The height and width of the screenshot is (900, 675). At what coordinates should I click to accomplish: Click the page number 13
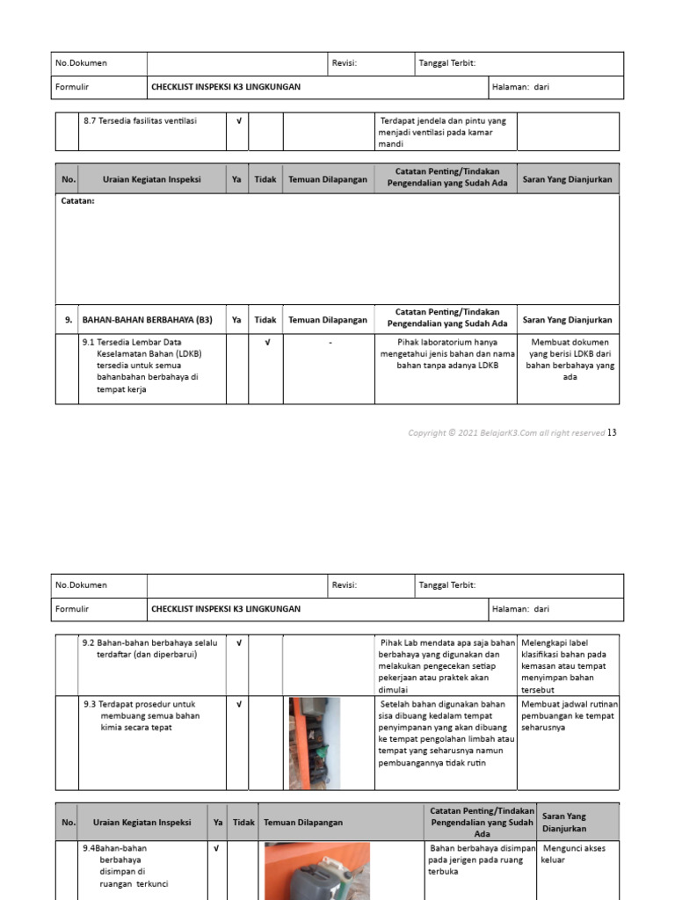point(613,432)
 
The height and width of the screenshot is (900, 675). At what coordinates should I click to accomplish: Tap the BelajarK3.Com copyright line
point(506,433)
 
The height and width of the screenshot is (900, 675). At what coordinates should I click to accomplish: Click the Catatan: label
point(77,201)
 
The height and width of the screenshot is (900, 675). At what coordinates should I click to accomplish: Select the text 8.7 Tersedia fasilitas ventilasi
point(141,121)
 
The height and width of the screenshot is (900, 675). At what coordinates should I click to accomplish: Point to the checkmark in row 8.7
point(238,121)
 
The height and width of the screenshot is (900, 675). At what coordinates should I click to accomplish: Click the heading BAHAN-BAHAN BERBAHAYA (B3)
point(147,320)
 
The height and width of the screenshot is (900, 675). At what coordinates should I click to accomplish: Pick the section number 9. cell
point(68,320)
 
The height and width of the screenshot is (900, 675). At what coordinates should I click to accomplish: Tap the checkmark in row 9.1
point(266,342)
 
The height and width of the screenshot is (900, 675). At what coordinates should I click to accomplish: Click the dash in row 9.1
point(330,342)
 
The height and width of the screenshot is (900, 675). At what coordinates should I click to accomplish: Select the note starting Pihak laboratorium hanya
point(447,353)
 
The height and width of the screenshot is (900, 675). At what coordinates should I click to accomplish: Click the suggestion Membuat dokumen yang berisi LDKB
point(570,359)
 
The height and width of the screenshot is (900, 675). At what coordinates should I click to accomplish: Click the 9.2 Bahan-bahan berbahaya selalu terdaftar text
point(150,649)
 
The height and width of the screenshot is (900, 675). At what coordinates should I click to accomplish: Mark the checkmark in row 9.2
point(238,643)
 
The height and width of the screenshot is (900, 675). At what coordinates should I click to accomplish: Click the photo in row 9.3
point(314,743)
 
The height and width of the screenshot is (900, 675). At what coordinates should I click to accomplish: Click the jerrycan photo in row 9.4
point(317,871)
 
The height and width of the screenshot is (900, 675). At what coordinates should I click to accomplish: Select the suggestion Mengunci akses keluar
point(567,853)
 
